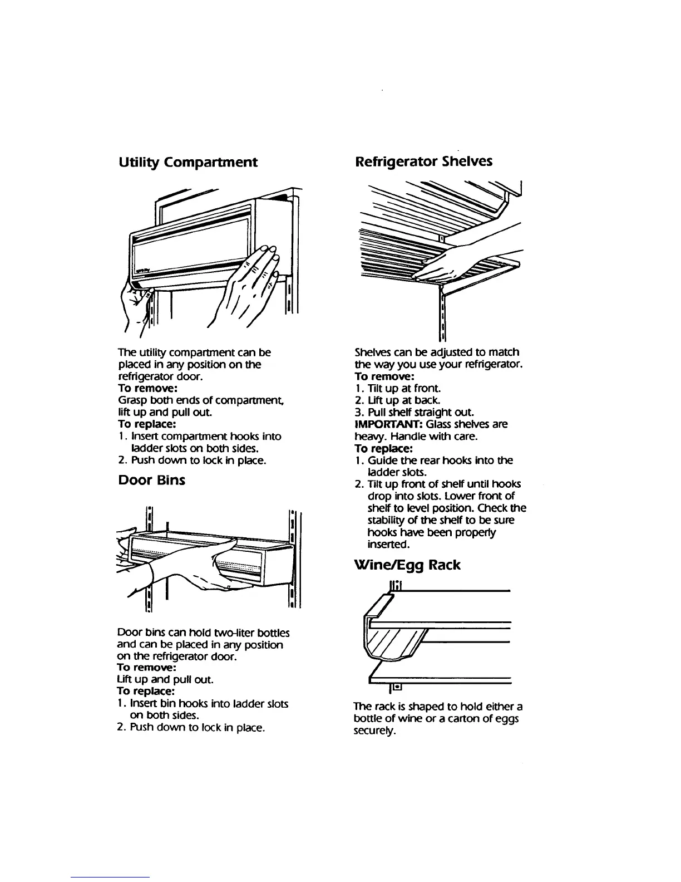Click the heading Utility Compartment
(188, 163)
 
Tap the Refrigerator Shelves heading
(423, 162)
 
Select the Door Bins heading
(152, 481)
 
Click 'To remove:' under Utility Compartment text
(147, 388)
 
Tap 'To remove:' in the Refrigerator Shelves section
(384, 376)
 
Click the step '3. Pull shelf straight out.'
(414, 413)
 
